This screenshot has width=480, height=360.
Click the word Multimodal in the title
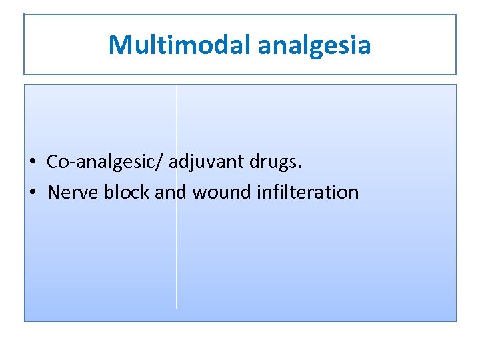[x=179, y=45]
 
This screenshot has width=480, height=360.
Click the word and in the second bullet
[x=171, y=193]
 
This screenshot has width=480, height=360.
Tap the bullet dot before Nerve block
[x=33, y=193]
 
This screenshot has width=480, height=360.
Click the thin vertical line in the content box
[x=176, y=267]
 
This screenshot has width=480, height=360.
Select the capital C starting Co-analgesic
[x=53, y=162]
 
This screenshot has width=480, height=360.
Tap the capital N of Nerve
[x=54, y=193]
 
